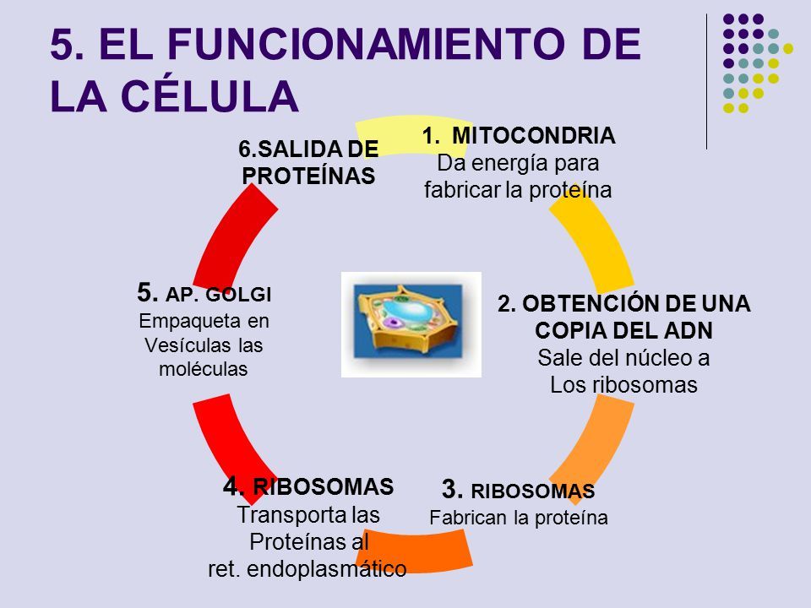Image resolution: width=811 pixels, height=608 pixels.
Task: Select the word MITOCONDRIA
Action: tap(533, 135)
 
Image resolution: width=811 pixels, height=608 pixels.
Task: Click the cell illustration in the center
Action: tap(411, 324)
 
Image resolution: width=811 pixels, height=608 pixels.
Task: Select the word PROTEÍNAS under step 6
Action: tap(308, 176)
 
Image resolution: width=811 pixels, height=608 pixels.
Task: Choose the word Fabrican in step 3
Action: tap(465, 517)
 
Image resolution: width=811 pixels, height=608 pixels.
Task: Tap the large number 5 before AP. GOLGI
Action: tap(148, 293)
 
